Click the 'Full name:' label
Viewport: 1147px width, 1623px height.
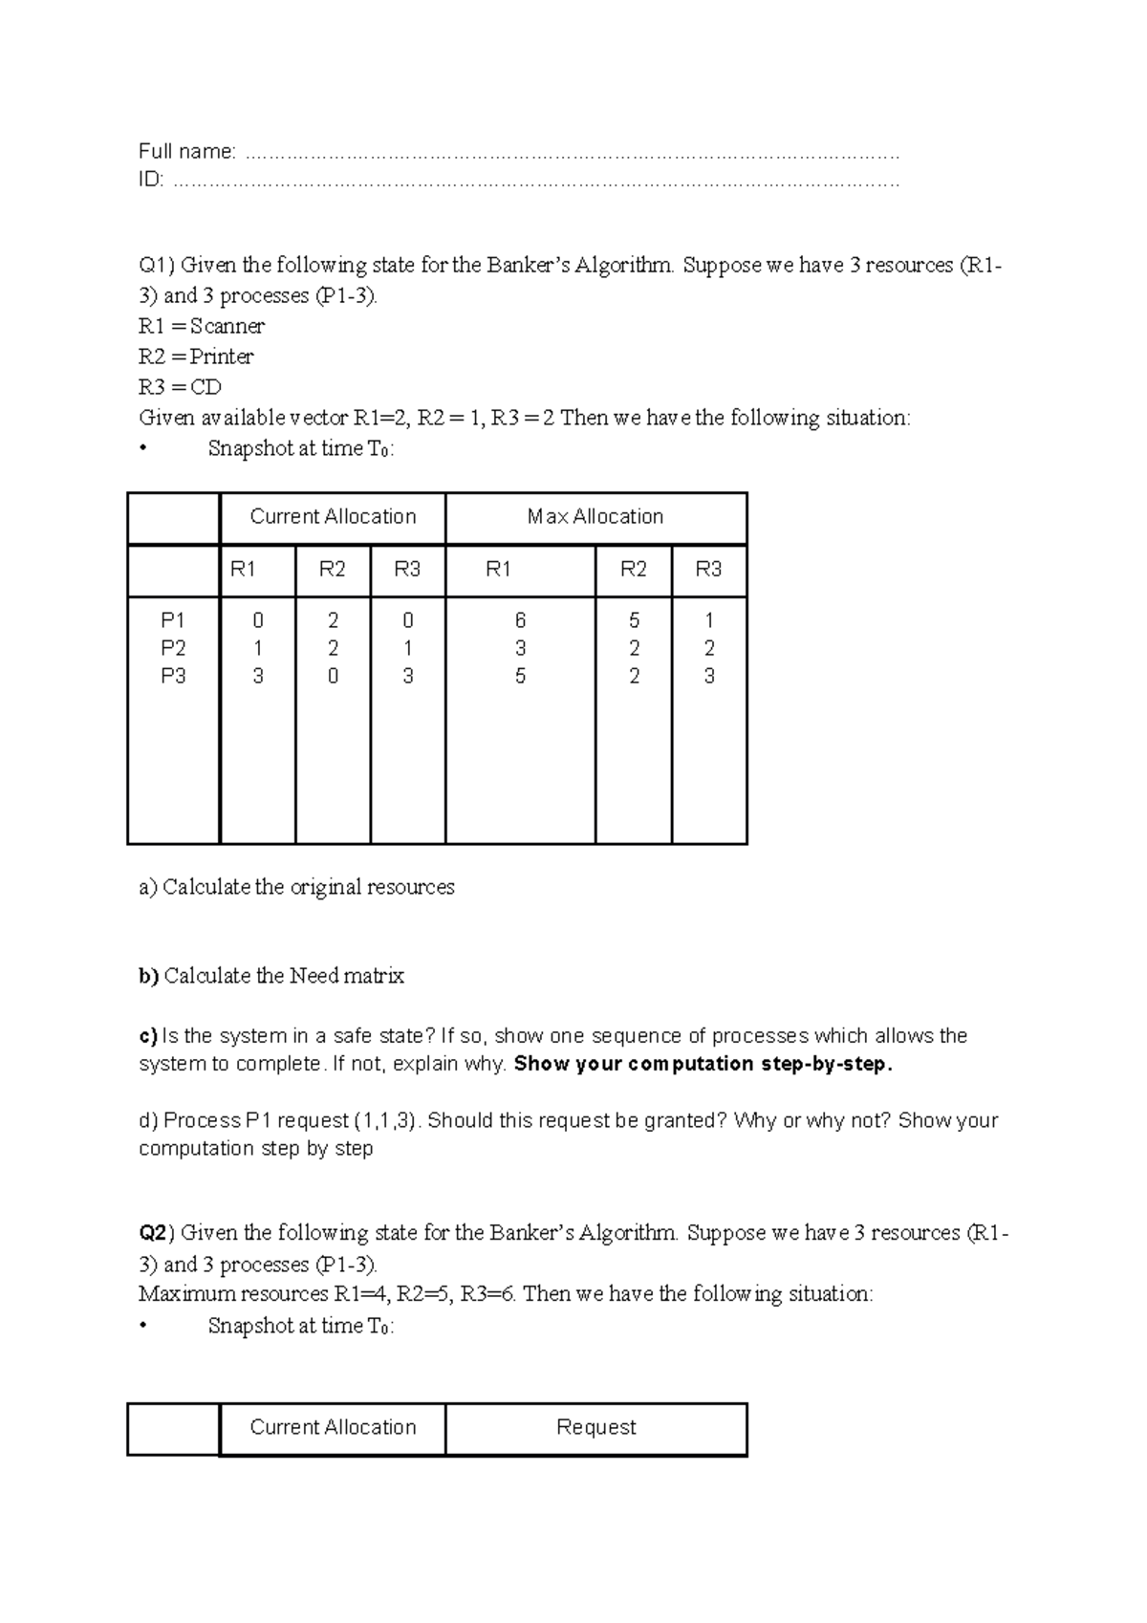[186, 151]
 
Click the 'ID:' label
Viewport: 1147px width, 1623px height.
[151, 180]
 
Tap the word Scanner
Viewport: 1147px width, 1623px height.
[227, 326]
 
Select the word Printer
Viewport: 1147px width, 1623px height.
[221, 357]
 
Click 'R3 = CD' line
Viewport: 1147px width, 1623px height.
[180, 387]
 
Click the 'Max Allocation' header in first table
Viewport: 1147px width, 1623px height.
[595, 517]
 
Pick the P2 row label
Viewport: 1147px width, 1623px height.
[173, 648]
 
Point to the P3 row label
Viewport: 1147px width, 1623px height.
[173, 676]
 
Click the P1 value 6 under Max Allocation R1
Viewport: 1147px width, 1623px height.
[520, 620]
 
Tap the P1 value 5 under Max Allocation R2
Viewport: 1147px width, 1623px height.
[634, 620]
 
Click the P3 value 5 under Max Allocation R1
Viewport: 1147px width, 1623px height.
[520, 676]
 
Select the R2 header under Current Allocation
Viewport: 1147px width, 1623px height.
[332, 570]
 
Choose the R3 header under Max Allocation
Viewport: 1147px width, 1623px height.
[708, 570]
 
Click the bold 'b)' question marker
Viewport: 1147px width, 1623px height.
[148, 976]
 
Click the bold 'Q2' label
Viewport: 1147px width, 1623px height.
[153, 1233]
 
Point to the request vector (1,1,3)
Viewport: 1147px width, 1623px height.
[386, 1120]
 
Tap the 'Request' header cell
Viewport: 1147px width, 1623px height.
[595, 1427]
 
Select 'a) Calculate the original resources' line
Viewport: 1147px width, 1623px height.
[296, 887]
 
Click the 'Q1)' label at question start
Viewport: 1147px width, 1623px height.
[157, 265]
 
